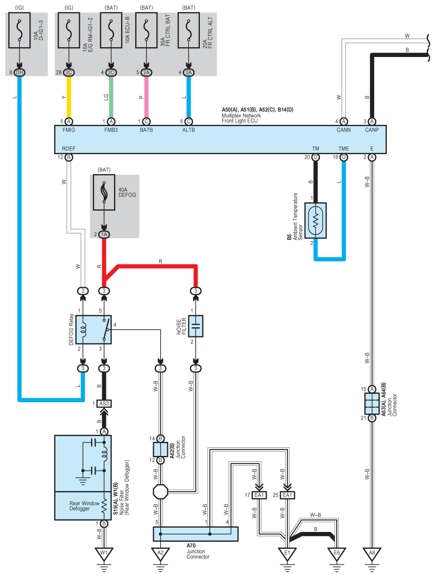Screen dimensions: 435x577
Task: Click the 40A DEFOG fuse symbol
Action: pos(104,192)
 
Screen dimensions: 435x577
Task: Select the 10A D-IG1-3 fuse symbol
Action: pos(19,30)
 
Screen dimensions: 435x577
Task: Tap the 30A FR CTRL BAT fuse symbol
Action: pos(146,30)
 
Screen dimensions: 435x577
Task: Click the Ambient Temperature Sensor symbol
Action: pos(316,220)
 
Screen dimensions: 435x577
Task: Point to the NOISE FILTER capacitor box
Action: pos(196,326)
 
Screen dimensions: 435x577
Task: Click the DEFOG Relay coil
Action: pos(83,329)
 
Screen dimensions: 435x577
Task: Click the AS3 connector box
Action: pos(104,404)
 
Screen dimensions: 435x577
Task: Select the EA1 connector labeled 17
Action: pos(259,495)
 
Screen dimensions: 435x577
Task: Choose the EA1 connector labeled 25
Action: pos(287,495)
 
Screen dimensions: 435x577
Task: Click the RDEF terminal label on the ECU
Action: pos(69,149)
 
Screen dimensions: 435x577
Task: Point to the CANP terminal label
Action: pos(371,130)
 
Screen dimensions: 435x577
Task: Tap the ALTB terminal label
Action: pos(188,130)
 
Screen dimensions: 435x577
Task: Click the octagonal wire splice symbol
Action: pos(160,492)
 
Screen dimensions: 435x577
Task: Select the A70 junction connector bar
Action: pos(196,534)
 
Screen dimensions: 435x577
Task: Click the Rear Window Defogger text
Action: pos(84,506)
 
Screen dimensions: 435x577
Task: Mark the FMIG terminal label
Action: pos(69,130)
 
